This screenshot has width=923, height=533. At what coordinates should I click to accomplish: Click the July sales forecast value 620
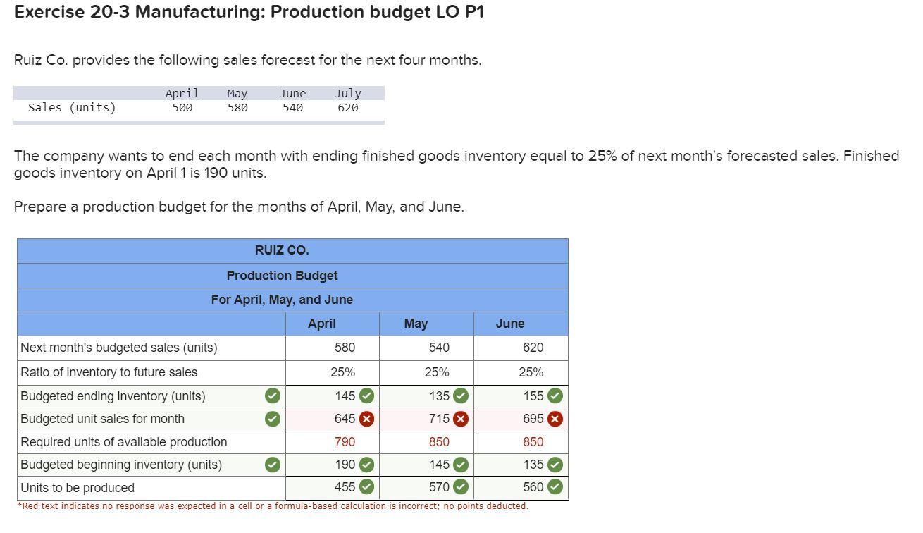[347, 108]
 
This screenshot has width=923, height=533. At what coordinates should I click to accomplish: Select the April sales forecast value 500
[182, 108]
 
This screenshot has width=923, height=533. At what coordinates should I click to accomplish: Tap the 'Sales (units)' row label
[72, 108]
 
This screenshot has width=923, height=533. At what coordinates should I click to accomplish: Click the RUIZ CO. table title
[282, 250]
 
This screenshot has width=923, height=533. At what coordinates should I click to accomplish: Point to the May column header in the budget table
[416, 324]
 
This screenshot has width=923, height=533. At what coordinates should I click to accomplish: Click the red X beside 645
[366, 419]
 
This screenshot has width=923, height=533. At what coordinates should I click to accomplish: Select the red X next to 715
[460, 419]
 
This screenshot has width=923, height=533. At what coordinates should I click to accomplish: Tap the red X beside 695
[555, 419]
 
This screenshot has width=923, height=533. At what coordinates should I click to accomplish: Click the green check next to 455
[366, 487]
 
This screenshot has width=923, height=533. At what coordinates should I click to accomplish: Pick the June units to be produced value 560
[533, 487]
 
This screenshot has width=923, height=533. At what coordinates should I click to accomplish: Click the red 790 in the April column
[345, 442]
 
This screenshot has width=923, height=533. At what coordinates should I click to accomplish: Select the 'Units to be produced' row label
[78, 488]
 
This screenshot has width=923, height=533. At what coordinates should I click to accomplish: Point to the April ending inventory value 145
[345, 396]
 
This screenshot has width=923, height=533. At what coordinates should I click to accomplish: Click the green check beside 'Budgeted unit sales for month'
[272, 419]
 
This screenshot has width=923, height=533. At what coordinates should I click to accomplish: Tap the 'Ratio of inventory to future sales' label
[109, 372]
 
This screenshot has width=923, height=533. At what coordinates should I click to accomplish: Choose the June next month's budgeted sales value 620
[533, 348]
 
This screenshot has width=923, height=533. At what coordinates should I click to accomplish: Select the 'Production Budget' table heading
[282, 276]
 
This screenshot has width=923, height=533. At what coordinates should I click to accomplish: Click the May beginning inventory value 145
[439, 465]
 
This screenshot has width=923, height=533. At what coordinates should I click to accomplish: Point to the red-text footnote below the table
[273, 506]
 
